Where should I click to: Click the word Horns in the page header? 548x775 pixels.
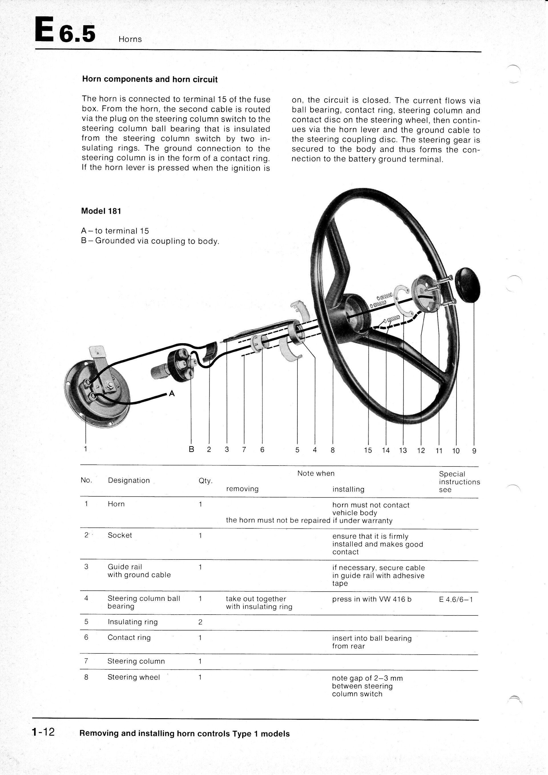pyautogui.click(x=130, y=39)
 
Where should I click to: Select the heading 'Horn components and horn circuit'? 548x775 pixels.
pyautogui.click(x=150, y=80)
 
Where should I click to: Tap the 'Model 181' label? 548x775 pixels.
pyautogui.click(x=101, y=211)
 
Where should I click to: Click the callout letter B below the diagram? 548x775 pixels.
pyautogui.click(x=191, y=450)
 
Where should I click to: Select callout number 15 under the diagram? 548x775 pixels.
pyautogui.click(x=368, y=450)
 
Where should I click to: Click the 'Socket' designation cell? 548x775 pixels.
pyautogui.click(x=120, y=535)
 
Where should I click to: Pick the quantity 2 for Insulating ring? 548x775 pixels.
pyautogui.click(x=200, y=622)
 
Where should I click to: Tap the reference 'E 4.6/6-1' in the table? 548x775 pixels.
pyautogui.click(x=456, y=600)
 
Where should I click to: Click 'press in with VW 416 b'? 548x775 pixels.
pyautogui.click(x=372, y=599)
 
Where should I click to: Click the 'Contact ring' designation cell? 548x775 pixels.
pyautogui.click(x=129, y=638)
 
